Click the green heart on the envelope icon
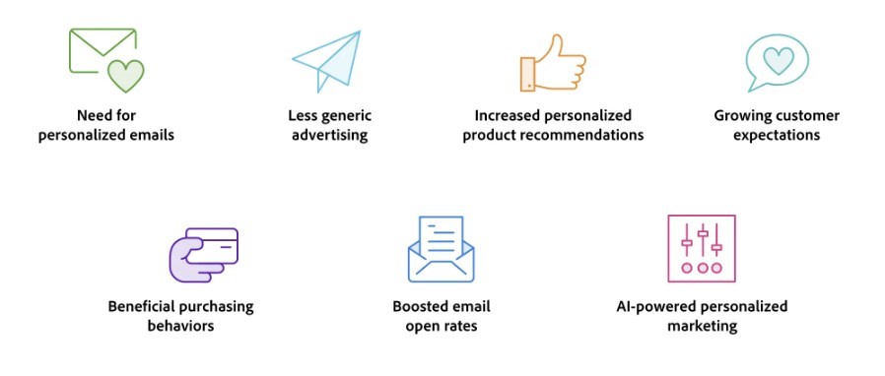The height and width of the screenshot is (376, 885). pyautogui.click(x=126, y=76)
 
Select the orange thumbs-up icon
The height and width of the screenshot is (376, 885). pyautogui.click(x=553, y=63)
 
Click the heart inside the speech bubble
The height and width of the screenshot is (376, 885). pyautogui.click(x=779, y=60)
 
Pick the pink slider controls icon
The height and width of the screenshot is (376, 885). pyautogui.click(x=702, y=248)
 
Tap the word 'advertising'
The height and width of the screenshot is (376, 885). pyautogui.click(x=329, y=136)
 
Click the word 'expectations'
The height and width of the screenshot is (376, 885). pyautogui.click(x=777, y=135)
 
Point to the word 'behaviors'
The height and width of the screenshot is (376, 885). pyautogui.click(x=180, y=326)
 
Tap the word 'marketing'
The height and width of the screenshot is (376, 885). pyautogui.click(x=703, y=326)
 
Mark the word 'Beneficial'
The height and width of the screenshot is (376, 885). pyautogui.click(x=142, y=307)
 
